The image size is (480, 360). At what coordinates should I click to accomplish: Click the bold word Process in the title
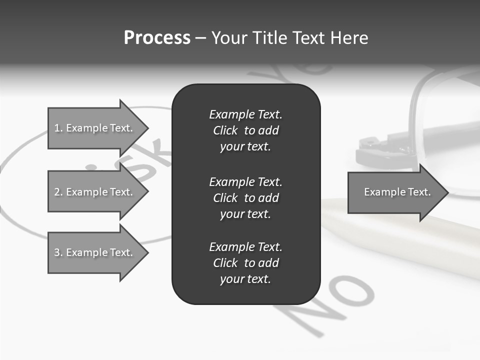(157, 38)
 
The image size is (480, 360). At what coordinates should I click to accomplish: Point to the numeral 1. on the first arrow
(58, 128)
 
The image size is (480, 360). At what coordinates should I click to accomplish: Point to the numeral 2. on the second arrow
(58, 192)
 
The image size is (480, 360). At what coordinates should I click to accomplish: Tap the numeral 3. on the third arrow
(58, 252)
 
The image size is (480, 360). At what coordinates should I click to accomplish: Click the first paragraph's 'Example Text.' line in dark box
(245, 114)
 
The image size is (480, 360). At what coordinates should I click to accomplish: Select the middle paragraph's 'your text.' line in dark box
(245, 214)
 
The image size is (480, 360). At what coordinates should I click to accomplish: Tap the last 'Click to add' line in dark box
(245, 263)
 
